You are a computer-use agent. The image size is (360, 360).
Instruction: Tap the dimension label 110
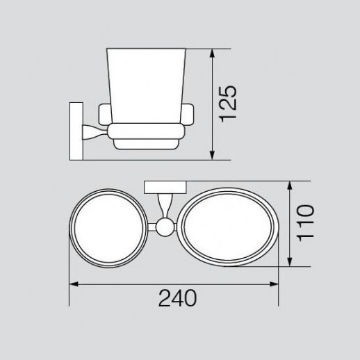306,223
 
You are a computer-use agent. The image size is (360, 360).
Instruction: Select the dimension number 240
178,298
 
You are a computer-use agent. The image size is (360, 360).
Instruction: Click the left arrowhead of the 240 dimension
74,284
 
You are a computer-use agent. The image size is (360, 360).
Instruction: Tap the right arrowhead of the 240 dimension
274,284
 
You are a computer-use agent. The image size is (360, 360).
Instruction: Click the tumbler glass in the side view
146,86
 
